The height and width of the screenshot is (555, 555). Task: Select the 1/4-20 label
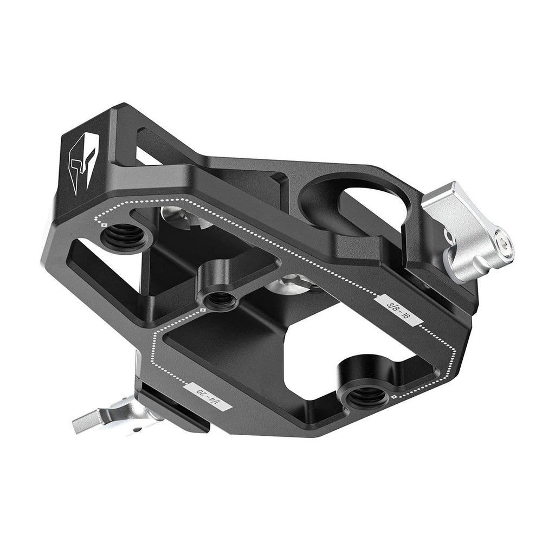[x=208, y=397]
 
